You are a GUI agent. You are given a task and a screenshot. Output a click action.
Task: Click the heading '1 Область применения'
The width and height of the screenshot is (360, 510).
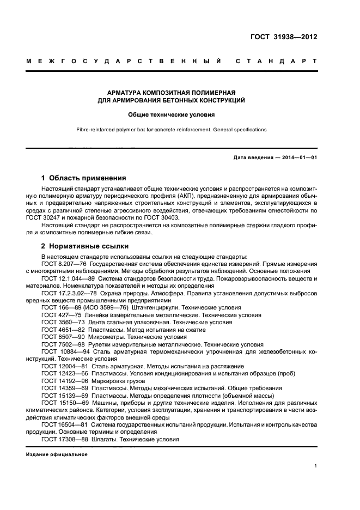coord(84,178)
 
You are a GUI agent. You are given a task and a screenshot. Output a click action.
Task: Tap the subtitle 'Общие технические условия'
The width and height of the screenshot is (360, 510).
coord(172,115)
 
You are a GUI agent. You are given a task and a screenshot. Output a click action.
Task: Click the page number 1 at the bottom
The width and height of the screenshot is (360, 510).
coord(316,466)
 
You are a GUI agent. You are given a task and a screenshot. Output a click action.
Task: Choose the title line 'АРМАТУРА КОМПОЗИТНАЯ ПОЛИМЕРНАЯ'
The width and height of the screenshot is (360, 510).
coord(172,93)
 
